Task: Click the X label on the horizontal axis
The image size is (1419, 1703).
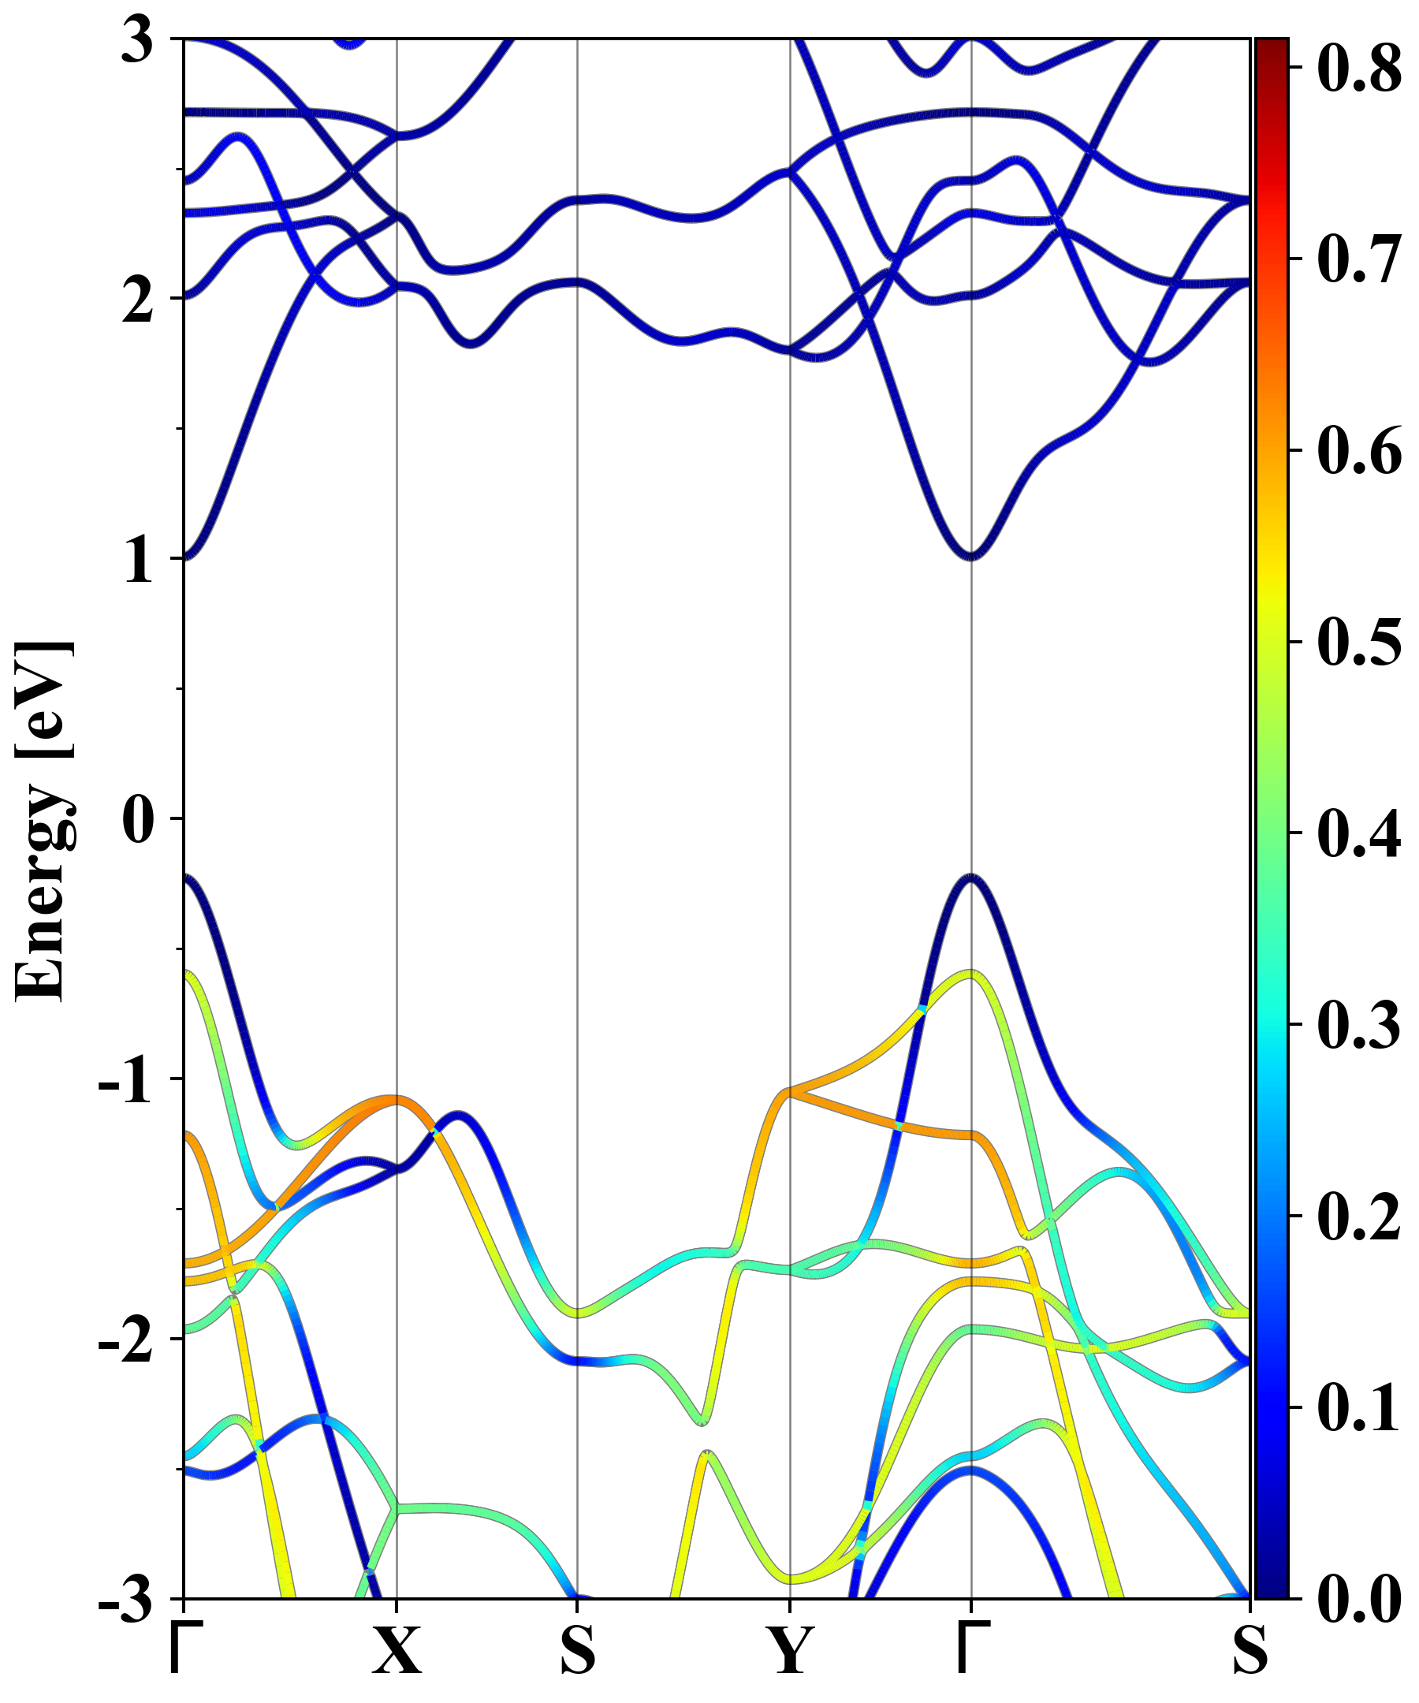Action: tap(397, 1649)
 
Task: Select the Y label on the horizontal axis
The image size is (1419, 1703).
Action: tap(790, 1649)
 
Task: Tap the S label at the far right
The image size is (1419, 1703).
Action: tap(1250, 1649)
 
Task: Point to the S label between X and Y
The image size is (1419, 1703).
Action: tap(577, 1649)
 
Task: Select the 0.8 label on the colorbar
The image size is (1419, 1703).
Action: tap(1359, 68)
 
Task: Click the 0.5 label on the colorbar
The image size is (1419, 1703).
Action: tap(1359, 643)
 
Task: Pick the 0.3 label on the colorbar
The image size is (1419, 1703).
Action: tap(1359, 1025)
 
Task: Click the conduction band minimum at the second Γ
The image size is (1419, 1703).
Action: tap(971, 557)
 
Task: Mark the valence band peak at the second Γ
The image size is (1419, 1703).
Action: tap(971, 878)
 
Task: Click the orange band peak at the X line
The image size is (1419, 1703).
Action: tap(396, 1099)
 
